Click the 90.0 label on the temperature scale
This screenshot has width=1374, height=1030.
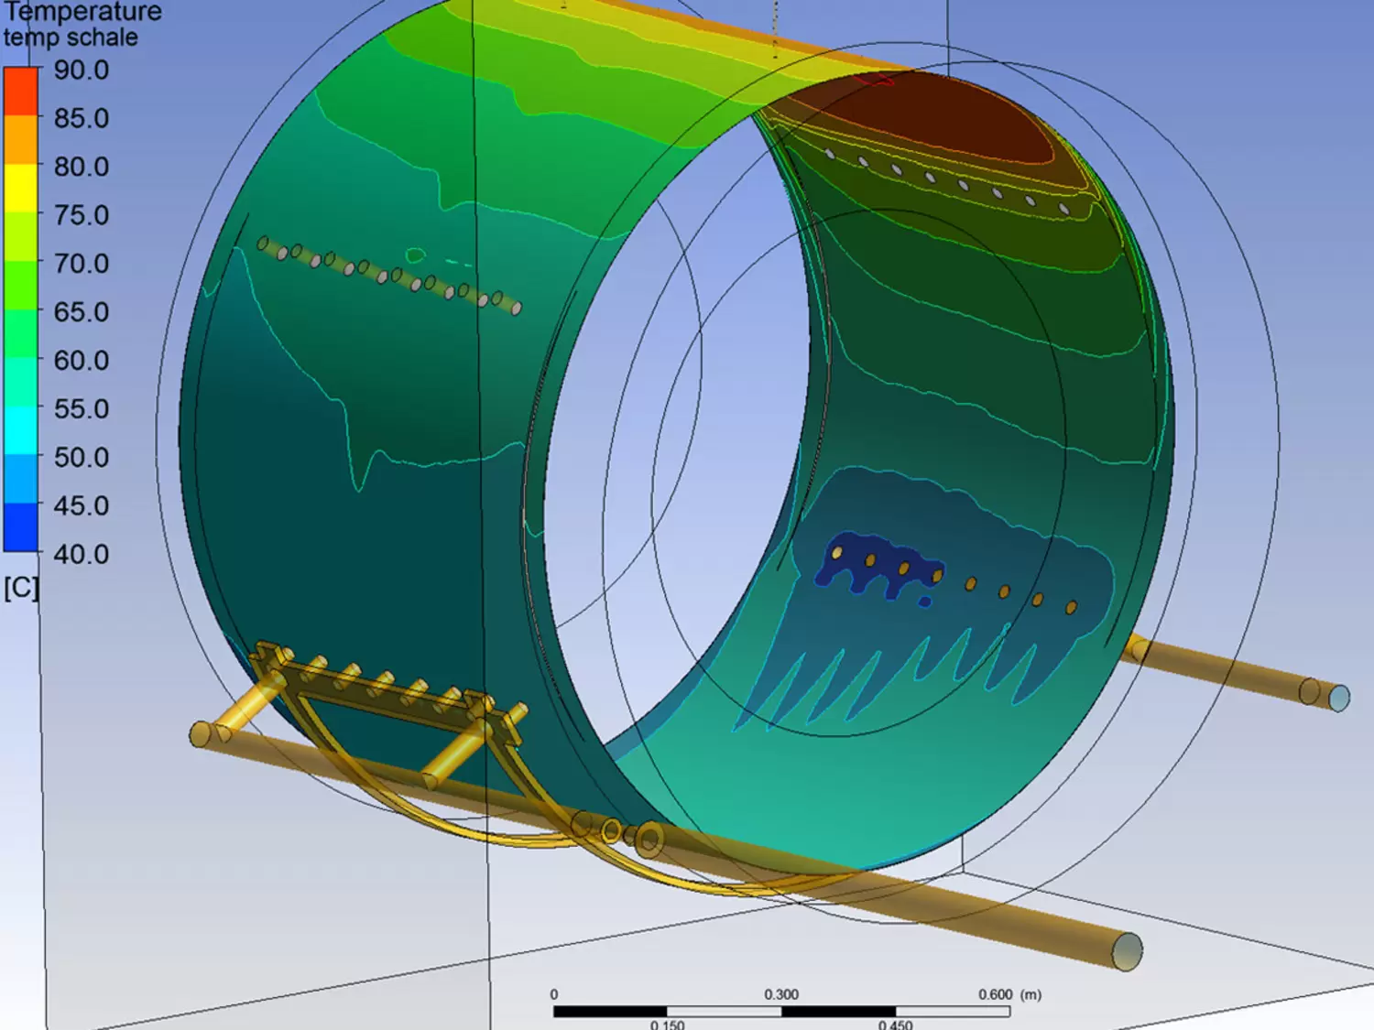(81, 70)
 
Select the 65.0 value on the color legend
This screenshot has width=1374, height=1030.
(81, 312)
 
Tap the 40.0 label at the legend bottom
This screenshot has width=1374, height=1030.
(81, 554)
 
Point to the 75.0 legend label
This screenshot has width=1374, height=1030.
(81, 215)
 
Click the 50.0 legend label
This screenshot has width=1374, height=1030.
(81, 457)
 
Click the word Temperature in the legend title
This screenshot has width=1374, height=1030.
(82, 11)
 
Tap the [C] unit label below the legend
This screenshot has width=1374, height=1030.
(21, 588)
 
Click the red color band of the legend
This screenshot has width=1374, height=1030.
(21, 92)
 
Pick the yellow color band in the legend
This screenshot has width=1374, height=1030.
(21, 189)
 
